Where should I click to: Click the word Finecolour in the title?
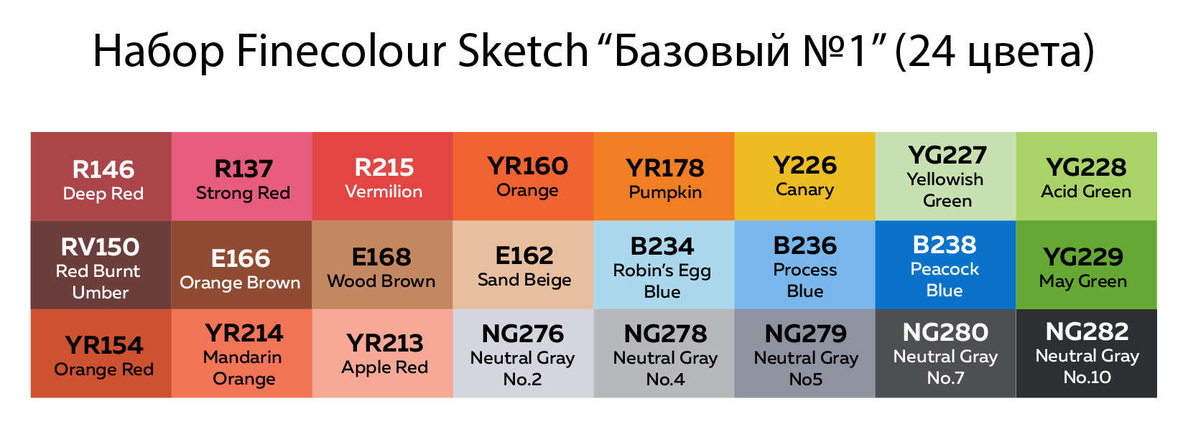tap(341, 51)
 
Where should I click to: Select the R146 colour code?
tap(103, 169)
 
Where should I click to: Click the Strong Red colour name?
tap(243, 193)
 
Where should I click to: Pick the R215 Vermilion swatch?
tap(382, 176)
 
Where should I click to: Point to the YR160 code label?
tap(528, 166)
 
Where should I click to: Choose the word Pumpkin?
tap(665, 192)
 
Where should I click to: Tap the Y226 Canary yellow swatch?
tap(804, 176)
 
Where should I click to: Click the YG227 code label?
tap(947, 155)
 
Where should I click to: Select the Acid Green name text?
tap(1086, 192)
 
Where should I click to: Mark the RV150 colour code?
tap(101, 247)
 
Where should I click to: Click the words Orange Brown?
tap(240, 283)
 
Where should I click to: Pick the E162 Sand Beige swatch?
tap(523, 265)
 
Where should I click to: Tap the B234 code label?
tap(662, 247)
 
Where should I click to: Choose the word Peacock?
tap(945, 269)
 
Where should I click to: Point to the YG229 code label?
tap(1083, 257)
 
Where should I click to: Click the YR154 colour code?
tap(104, 346)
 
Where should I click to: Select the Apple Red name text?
tap(384, 367)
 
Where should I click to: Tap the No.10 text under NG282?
tap(1087, 377)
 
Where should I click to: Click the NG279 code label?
tap(806, 334)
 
